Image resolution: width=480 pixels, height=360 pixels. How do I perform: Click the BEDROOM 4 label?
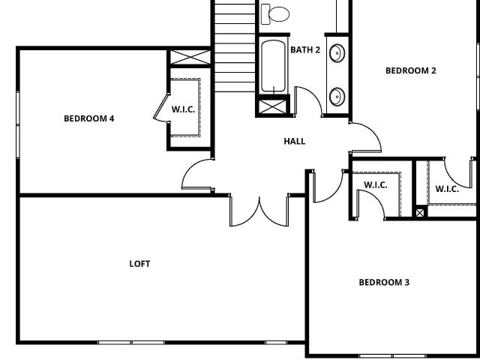pos(89,118)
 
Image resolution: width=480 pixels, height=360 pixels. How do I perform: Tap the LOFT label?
pos(139,264)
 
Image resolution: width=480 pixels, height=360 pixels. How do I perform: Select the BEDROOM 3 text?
pos(384,282)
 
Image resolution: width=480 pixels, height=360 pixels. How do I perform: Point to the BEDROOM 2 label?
pos(410,70)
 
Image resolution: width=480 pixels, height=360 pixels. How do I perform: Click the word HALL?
pos(295,141)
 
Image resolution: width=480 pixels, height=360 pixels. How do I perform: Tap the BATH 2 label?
pos(305,49)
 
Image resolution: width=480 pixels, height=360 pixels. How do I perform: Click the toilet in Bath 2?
pos(275,14)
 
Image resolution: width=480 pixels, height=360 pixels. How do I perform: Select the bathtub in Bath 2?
pos(273,66)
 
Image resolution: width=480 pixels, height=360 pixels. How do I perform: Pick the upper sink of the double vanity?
pos(337,53)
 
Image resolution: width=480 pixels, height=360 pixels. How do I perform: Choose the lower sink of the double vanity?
pos(337,97)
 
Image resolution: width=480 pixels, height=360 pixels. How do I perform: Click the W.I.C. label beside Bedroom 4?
pos(183,109)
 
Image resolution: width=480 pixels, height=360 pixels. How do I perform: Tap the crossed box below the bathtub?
pos(272,106)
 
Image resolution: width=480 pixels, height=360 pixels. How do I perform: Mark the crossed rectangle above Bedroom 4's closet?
pos(190,57)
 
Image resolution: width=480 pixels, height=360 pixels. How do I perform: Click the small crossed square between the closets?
pos(420,213)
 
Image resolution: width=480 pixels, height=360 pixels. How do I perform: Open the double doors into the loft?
pos(259,211)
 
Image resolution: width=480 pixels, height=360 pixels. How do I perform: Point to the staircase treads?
pos(235,46)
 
